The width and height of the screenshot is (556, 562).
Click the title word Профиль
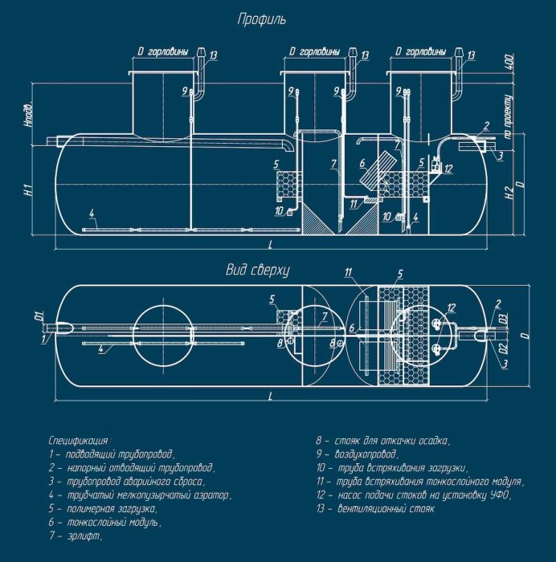point(261,18)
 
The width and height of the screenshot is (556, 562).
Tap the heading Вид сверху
point(257,271)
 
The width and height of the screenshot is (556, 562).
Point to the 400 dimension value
point(510,63)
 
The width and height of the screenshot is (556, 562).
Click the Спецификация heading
point(79,441)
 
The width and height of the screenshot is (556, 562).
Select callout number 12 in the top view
point(452,307)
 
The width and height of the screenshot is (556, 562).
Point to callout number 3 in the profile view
point(500,154)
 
